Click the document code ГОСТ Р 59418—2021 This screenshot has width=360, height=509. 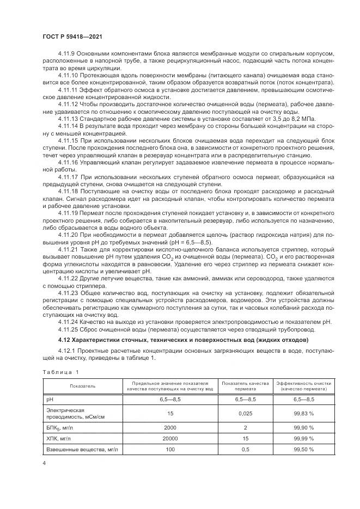click(x=72, y=36)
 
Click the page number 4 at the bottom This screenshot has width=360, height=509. click(x=44, y=463)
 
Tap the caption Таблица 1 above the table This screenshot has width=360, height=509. click(x=60, y=372)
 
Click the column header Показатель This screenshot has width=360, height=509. click(x=82, y=386)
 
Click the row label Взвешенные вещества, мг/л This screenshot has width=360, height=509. click(x=82, y=449)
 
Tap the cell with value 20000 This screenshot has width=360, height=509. click(x=170, y=438)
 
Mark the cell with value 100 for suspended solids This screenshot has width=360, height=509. click(x=170, y=449)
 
